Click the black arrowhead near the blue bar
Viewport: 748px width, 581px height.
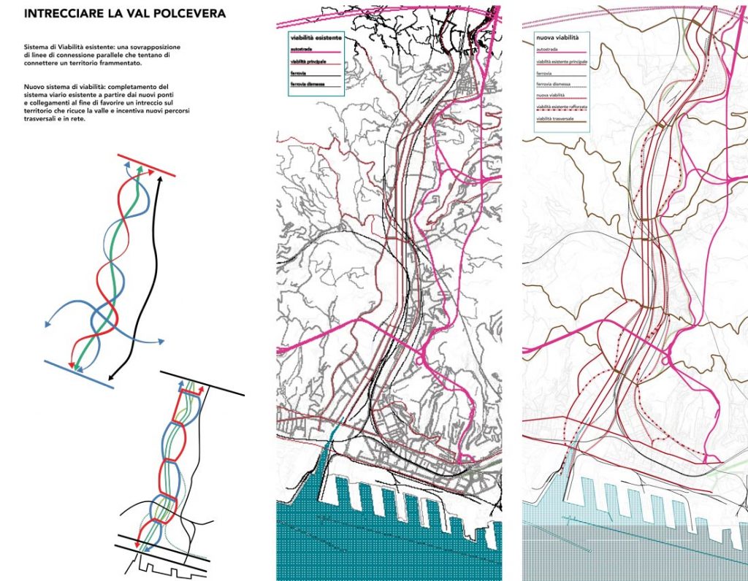(x=105, y=379)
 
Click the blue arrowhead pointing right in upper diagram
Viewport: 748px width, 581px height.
(x=161, y=342)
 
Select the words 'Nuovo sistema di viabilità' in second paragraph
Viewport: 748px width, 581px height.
(x=58, y=87)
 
